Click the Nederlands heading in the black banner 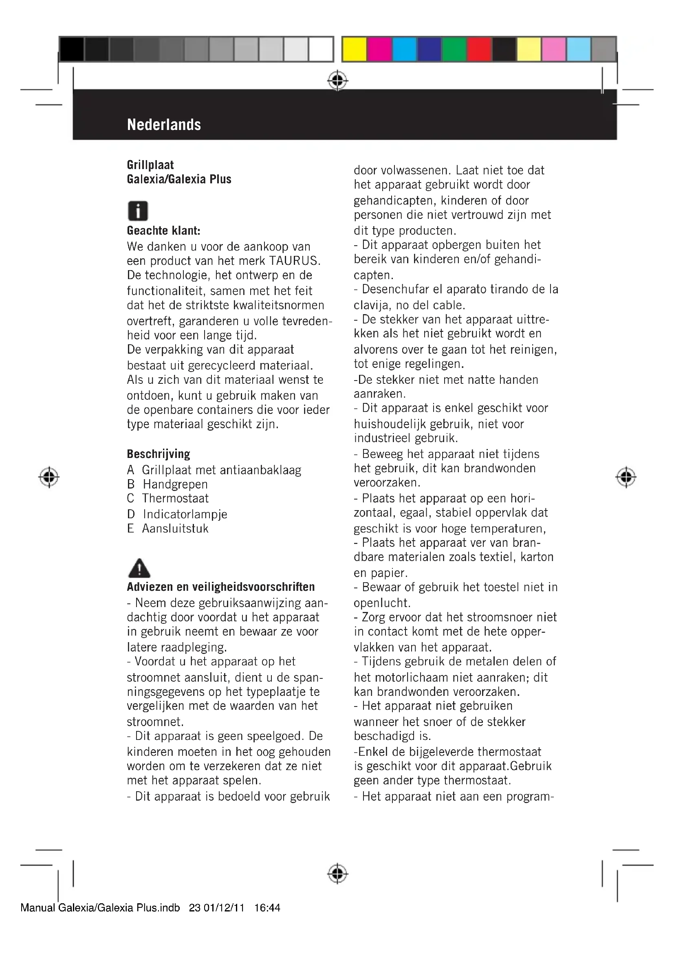[164, 125]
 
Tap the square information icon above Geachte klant [138, 211]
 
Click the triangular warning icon [139, 568]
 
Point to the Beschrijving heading [159, 454]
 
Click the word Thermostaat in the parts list [175, 498]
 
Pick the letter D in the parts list [131, 514]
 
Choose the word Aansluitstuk [175, 528]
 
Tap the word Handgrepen [175, 484]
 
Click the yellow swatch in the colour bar [355, 49]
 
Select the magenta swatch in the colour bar [379, 49]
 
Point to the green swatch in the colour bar [454, 49]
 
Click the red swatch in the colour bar [479, 49]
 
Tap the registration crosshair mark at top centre [337, 81]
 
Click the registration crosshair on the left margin [49, 478]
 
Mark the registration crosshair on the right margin [626, 478]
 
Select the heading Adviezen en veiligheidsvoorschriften [221, 587]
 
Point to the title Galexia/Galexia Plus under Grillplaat [179, 179]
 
